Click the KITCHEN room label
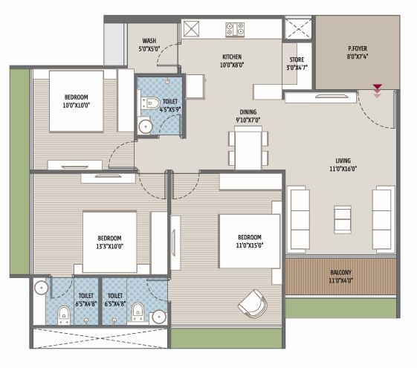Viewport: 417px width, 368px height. point(233,57)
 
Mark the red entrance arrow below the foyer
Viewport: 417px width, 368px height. point(378,89)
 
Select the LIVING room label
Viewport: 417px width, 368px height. point(343,160)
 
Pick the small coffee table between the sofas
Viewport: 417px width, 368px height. point(342,217)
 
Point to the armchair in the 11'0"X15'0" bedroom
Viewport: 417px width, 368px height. point(252,301)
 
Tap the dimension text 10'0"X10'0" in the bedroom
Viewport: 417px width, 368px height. point(77,106)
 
